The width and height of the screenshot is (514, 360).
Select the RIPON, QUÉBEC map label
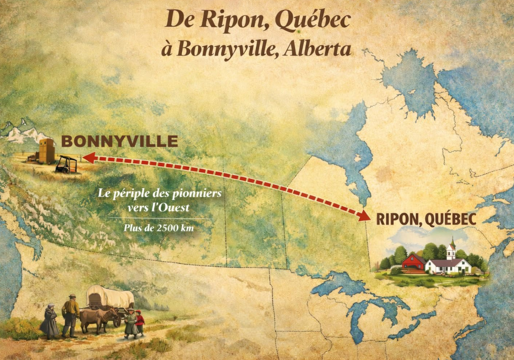[426, 219]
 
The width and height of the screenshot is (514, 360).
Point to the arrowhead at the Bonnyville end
[88, 158]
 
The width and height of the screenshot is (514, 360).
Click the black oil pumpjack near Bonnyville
[67, 164]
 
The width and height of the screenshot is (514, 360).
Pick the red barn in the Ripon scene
[413, 262]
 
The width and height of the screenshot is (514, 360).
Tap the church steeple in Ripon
[451, 249]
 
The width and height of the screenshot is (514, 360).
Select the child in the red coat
[139, 323]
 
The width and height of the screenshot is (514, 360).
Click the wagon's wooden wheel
[118, 319]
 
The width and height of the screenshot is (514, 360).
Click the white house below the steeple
[448, 266]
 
